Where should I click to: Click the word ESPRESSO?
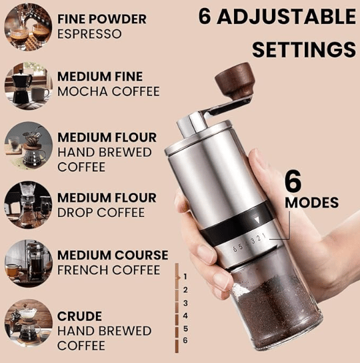pyautogui.click(x=89, y=34)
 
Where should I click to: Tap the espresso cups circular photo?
pyautogui.click(x=28, y=27)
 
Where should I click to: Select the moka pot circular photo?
pyautogui.click(x=28, y=86)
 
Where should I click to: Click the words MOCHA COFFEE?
pyautogui.click(x=109, y=91)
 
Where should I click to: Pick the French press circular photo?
pyautogui.click(x=28, y=264)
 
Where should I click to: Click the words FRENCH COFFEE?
pyautogui.click(x=109, y=270)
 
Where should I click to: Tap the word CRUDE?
pyautogui.click(x=79, y=316)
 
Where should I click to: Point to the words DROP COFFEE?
pyautogui.click(x=101, y=212)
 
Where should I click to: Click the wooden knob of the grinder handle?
pyautogui.click(x=235, y=79)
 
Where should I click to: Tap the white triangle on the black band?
pyautogui.click(x=257, y=220)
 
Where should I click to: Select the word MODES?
pyautogui.click(x=311, y=203)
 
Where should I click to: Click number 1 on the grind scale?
pyautogui.click(x=185, y=276)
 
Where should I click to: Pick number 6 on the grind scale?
pyautogui.click(x=185, y=340)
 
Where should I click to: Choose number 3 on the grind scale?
pyautogui.click(x=185, y=303)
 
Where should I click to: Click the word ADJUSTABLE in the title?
pyautogui.click(x=286, y=17)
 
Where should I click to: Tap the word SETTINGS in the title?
pyautogui.click(x=304, y=50)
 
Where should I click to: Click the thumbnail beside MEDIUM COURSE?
pyautogui.click(x=28, y=264)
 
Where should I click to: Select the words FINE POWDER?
pyautogui.click(x=102, y=19)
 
